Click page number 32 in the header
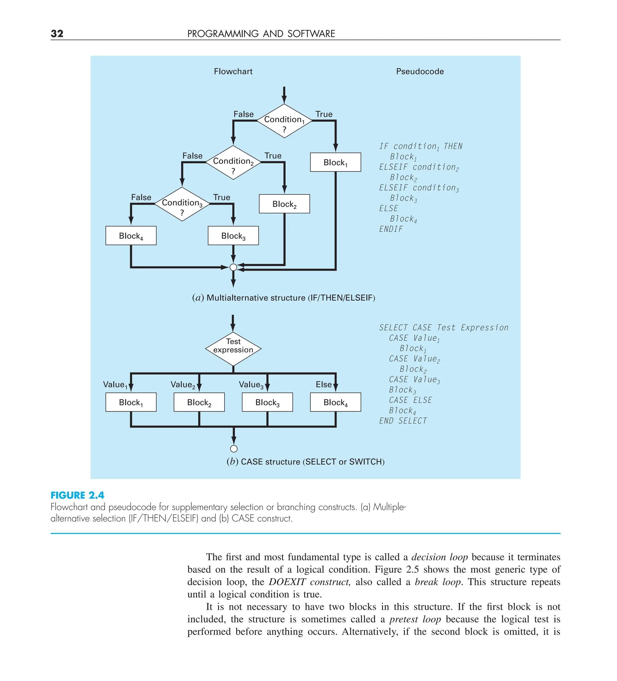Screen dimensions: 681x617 tap(57, 33)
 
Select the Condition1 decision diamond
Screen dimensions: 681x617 tap(284, 121)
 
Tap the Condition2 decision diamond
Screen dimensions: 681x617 tap(233, 163)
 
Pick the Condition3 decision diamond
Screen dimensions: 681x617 tap(182, 204)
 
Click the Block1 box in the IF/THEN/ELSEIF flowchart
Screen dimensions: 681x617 tap(335, 162)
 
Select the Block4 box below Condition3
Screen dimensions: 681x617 tap(131, 235)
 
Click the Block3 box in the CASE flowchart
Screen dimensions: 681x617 tap(267, 402)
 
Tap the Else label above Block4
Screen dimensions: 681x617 tap(323, 384)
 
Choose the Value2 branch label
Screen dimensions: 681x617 tap(183, 385)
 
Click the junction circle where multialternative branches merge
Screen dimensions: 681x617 tap(233, 267)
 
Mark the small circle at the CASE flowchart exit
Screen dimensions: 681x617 tap(233, 449)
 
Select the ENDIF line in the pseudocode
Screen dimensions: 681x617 tap(391, 229)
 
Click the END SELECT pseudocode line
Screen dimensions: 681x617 tap(403, 421)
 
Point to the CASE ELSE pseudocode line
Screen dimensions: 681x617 tap(410, 400)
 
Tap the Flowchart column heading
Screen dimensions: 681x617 tap(233, 71)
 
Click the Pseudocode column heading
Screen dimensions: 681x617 tap(420, 71)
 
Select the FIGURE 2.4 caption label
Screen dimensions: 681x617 tap(77, 495)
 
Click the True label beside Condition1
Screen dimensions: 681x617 tap(324, 114)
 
